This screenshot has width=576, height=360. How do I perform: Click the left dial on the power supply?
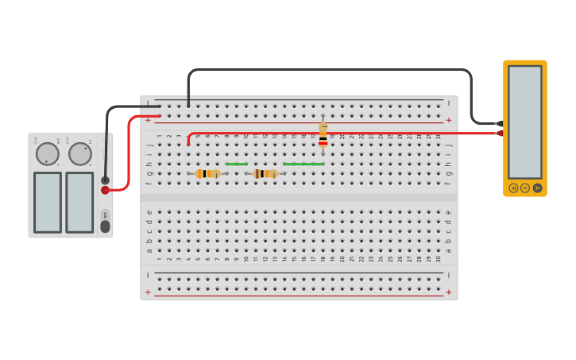48,153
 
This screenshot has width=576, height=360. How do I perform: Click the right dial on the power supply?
79,153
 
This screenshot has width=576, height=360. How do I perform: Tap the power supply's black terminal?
105,180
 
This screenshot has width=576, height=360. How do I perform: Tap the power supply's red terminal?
105,190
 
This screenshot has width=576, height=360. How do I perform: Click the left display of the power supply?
48,202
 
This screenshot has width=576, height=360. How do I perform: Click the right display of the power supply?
79,202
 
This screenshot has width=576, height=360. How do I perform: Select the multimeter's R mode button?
513,188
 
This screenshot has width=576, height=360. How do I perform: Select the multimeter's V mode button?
525,188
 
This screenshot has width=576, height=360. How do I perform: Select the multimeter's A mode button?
537,188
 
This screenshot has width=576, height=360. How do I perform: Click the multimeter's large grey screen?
524,121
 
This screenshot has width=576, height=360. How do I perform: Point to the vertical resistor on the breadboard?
323,135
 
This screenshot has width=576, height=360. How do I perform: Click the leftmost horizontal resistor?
207,173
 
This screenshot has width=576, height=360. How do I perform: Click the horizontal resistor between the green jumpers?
265,173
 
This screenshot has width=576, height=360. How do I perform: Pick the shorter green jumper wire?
237,164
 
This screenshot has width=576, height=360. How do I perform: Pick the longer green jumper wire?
303,164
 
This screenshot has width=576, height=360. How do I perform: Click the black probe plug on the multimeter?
498,123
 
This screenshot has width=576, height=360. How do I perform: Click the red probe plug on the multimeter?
499,133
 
